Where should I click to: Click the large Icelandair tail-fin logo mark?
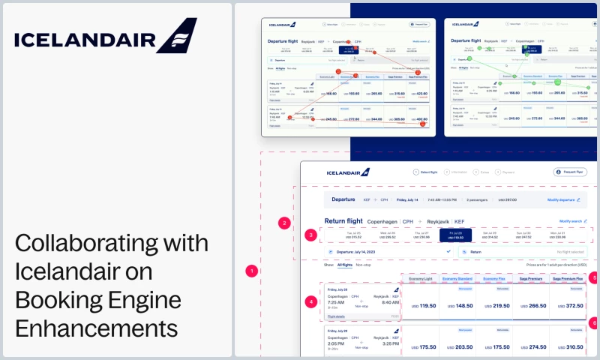(178, 36)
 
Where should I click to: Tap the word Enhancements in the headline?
(97, 328)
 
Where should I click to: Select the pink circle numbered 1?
(253, 270)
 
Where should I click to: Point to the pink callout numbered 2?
(283, 223)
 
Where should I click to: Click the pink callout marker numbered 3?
(311, 235)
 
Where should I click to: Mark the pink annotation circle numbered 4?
(311, 301)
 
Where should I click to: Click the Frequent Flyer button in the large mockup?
(569, 172)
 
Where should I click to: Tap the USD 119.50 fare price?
(424, 306)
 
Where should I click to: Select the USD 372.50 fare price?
(570, 306)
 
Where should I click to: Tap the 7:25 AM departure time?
(335, 302)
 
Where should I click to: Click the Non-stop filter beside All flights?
(364, 265)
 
